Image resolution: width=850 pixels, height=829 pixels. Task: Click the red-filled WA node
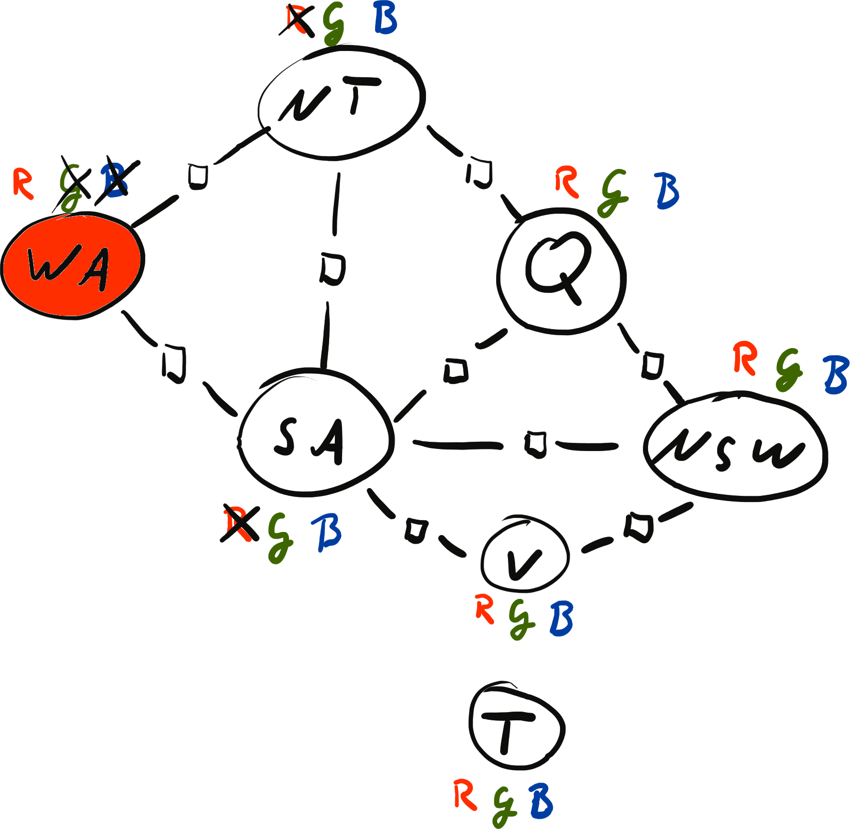click(x=72, y=265)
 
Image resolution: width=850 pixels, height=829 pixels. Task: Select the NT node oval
click(x=341, y=101)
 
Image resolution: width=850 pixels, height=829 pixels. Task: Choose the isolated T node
click(x=517, y=727)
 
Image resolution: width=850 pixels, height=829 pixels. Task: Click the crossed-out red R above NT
click(x=297, y=22)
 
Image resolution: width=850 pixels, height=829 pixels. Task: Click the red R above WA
click(x=23, y=183)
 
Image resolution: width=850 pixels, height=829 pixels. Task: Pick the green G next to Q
click(x=613, y=192)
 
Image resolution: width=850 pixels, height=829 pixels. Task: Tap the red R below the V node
click(x=485, y=609)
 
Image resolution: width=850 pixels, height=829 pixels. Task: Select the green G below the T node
click(x=505, y=806)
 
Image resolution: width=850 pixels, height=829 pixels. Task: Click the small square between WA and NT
click(x=198, y=176)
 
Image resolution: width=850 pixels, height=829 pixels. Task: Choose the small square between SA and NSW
click(x=535, y=444)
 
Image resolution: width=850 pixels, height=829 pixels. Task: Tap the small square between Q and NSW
click(x=653, y=365)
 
